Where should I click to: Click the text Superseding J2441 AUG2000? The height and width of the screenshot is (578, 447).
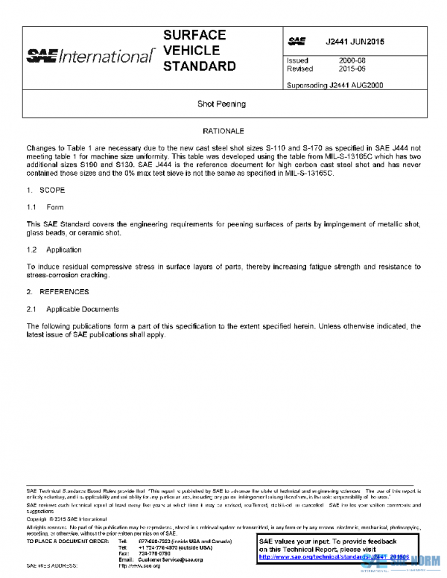pos(335,85)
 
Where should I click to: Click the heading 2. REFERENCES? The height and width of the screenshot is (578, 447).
pos(58,291)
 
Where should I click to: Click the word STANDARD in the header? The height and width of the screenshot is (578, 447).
pos(199,67)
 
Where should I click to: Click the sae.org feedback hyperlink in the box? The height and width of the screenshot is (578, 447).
pos(329,557)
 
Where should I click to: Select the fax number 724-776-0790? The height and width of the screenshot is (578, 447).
pos(154,553)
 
